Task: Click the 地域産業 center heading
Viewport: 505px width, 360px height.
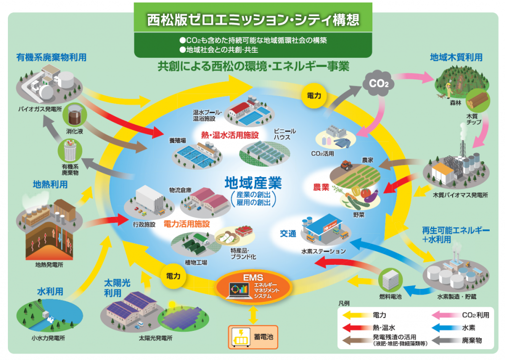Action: pyautogui.click(x=253, y=183)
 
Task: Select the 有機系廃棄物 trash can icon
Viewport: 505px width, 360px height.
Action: pyautogui.click(x=70, y=151)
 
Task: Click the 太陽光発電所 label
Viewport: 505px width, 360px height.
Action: pyautogui.click(x=156, y=339)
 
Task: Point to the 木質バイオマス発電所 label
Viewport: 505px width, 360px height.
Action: pyautogui.click(x=460, y=195)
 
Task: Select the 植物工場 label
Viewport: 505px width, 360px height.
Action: pyautogui.click(x=196, y=262)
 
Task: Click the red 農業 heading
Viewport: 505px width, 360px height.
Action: pyautogui.click(x=321, y=188)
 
